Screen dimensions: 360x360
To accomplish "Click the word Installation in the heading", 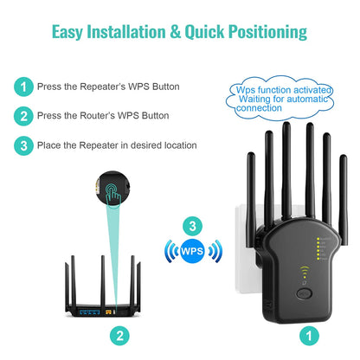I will (x=125, y=33).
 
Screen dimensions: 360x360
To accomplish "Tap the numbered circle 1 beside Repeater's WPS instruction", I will (x=23, y=87).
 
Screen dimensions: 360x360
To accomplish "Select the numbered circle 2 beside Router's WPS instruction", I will (x=23, y=115).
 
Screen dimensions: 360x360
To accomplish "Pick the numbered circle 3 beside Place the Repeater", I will (x=23, y=145).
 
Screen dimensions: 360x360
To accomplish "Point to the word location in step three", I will (x=177, y=145).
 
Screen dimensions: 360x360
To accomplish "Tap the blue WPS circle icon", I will (x=193, y=252).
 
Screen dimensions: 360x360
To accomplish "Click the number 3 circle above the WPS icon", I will (x=193, y=227).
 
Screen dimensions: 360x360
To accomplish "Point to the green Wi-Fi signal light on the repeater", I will (x=305, y=277).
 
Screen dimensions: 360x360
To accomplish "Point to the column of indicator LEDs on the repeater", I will (x=320, y=249).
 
